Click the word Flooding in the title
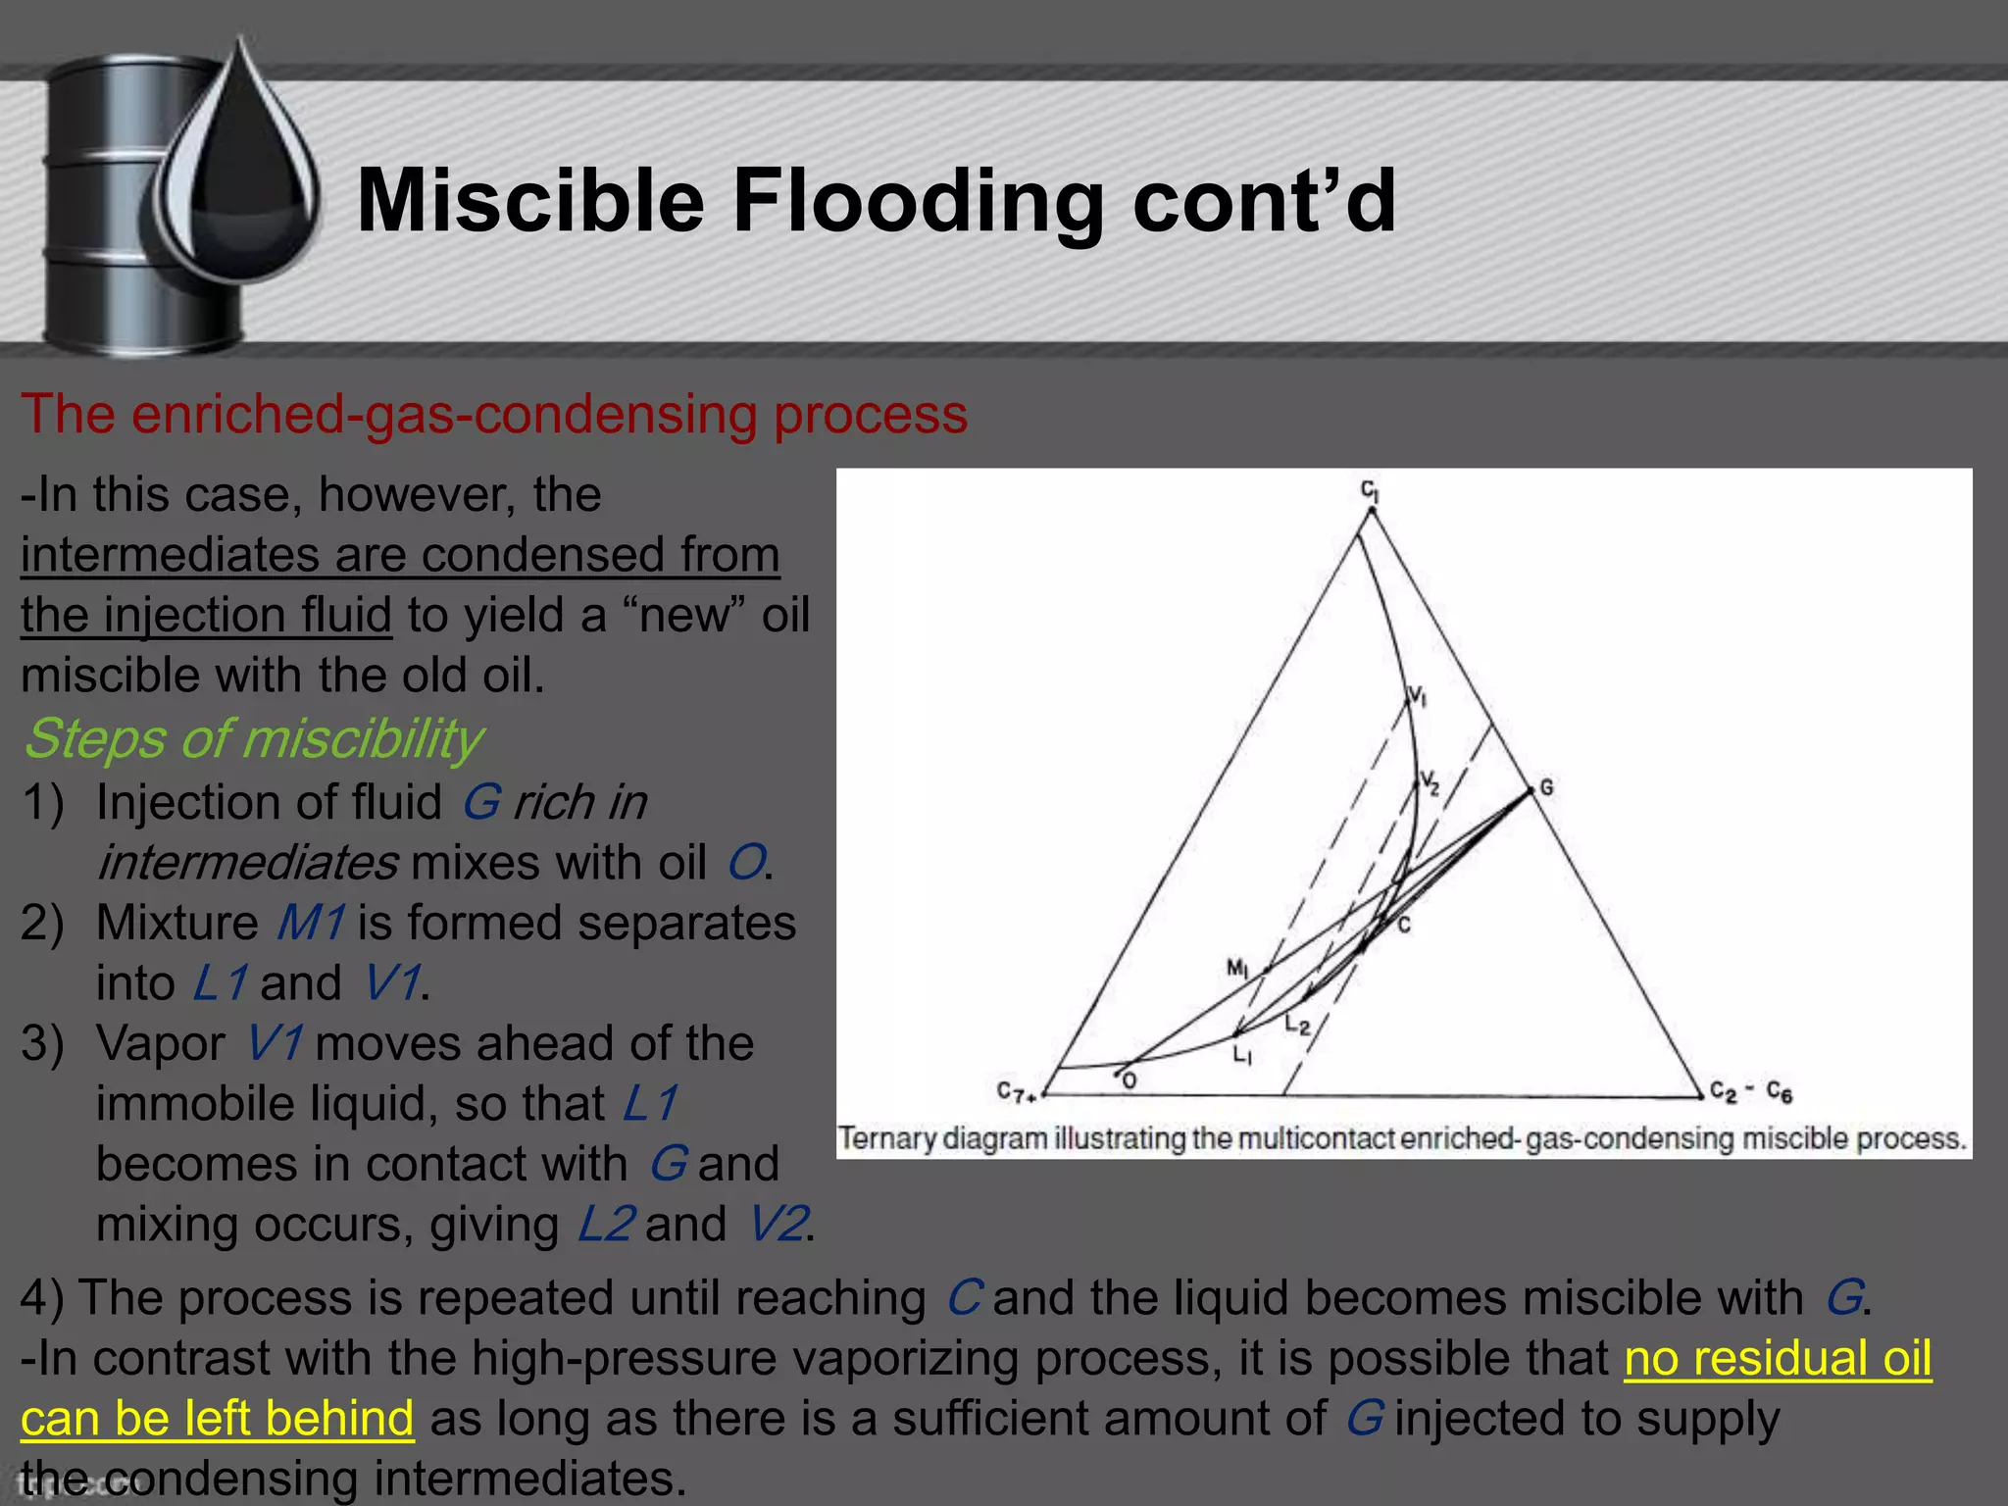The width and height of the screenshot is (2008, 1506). (x=916, y=202)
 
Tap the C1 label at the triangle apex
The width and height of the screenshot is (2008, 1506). (x=1370, y=489)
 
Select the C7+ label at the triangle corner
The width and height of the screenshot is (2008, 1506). (x=1016, y=1092)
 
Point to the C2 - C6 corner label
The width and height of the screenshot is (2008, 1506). (x=1751, y=1091)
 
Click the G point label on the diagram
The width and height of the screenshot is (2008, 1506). (x=1546, y=787)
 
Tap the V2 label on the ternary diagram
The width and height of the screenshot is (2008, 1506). (x=1431, y=783)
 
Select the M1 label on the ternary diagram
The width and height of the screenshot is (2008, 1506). (x=1237, y=969)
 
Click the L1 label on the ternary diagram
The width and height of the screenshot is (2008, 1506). (x=1242, y=1056)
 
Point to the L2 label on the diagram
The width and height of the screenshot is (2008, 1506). (x=1297, y=1026)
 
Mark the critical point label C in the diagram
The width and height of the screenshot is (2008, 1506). (x=1404, y=925)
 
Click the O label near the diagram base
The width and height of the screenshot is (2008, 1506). (x=1129, y=1080)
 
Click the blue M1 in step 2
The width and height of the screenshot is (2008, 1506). (x=310, y=923)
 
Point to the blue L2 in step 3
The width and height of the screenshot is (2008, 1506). (x=606, y=1224)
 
